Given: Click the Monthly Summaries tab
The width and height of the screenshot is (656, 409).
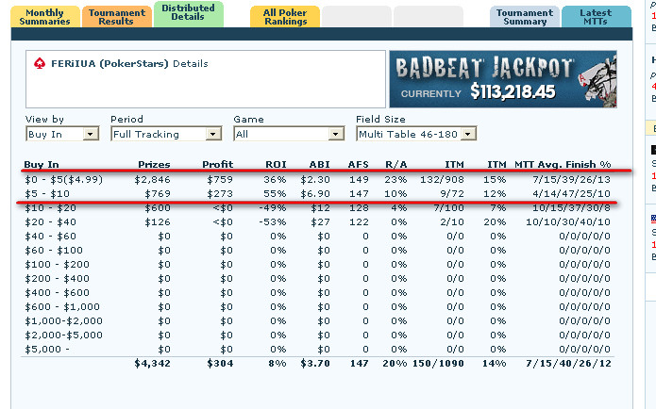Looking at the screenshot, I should pos(45,17).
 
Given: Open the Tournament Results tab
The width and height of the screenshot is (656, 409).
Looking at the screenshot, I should pos(115,17).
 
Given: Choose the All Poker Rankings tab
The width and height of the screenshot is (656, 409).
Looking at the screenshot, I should pos(284,17).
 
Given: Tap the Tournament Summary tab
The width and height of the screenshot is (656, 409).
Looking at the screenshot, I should pos(524,17).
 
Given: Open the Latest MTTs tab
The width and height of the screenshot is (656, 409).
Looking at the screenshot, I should pos(596,17).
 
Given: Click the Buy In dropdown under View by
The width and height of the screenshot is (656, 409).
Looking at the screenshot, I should pos(62,134).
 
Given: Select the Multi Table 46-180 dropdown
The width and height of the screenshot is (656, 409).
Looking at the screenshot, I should pos(416,134).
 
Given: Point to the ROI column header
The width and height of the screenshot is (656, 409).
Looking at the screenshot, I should pos(276,164).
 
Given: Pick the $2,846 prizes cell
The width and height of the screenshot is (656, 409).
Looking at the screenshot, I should pos(151,179).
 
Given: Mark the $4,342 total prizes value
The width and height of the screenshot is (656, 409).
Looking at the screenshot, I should pos(151,362).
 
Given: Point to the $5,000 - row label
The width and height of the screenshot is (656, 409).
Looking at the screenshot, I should pos(46,349).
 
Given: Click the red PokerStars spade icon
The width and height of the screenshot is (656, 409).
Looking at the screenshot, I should pos(39,64).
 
